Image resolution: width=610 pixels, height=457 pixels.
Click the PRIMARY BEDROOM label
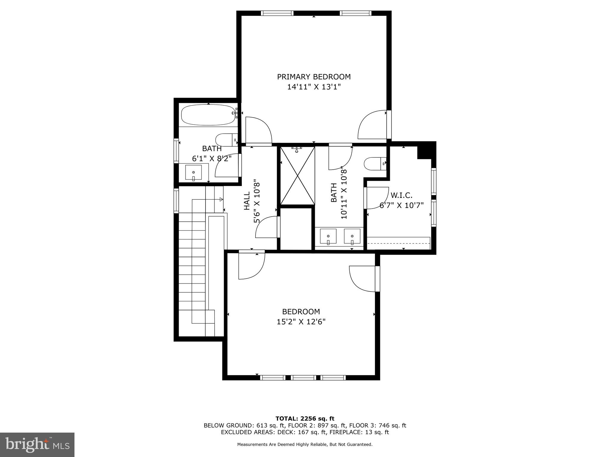coord(314,77)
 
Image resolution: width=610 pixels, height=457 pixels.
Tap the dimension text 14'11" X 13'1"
coord(314,87)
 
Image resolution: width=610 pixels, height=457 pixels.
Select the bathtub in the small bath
coord(208,115)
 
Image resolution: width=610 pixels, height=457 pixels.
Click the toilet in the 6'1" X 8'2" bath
coord(226,140)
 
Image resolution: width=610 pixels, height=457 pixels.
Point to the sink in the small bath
coord(193,173)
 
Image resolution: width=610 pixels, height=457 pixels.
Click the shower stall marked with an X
coord(298,176)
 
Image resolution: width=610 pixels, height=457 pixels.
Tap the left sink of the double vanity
coord(328,236)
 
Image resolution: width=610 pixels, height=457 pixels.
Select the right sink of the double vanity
coord(352,236)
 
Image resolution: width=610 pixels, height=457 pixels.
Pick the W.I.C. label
coord(401,195)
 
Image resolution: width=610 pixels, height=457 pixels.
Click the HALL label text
coord(247,201)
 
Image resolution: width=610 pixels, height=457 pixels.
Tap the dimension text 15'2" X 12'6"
coord(301,322)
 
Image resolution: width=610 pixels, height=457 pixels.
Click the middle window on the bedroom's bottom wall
coord(303,378)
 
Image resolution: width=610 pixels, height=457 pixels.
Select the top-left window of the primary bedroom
coord(277,13)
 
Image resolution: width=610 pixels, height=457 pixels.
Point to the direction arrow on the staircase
coord(221,199)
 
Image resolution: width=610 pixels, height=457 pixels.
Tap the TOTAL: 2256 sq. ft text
coord(305,419)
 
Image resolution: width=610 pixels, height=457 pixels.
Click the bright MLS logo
coord(37,445)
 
